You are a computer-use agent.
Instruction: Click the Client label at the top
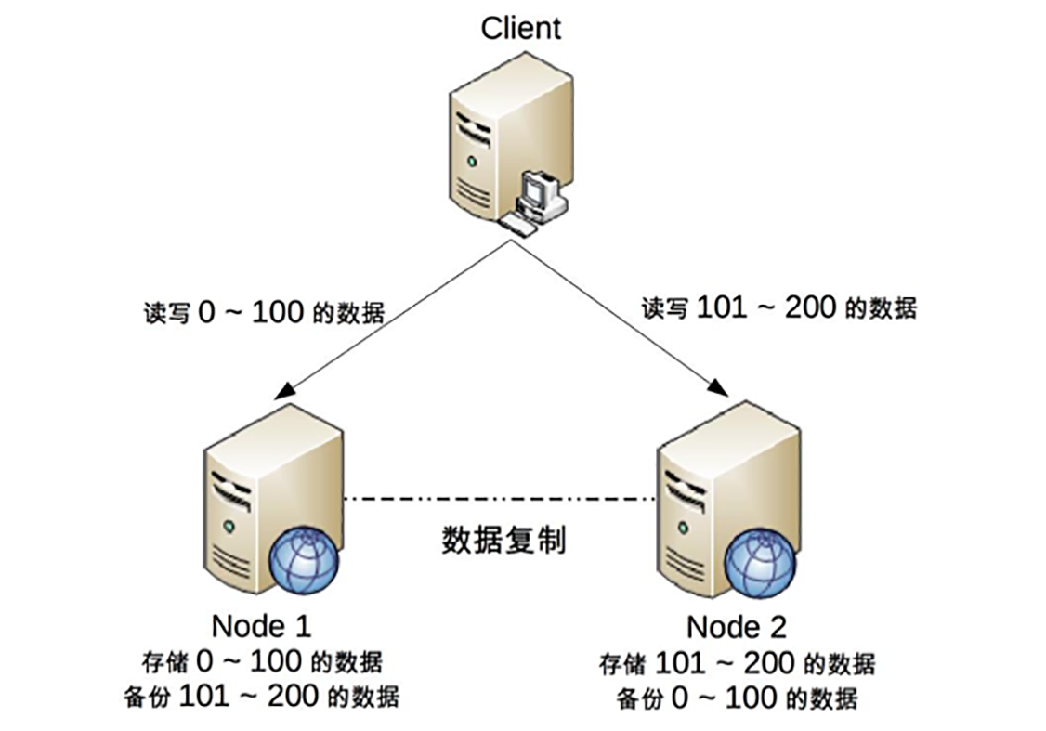click(x=521, y=27)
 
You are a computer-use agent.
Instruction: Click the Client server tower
click(x=492, y=139)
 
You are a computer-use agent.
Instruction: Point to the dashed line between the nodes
click(x=502, y=501)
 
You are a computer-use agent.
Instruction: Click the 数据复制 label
click(x=503, y=541)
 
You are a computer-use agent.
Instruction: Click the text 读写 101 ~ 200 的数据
click(x=778, y=307)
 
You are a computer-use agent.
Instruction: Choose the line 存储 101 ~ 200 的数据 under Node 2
click(x=737, y=663)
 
